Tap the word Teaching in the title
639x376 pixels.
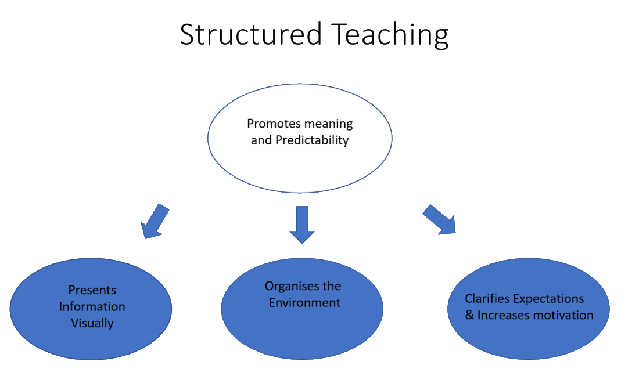390,35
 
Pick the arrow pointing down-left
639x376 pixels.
154,222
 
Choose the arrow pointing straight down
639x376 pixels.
302,225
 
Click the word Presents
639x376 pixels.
92,290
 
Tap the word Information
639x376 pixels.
92,306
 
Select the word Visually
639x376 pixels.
92,323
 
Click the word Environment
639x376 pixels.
304,302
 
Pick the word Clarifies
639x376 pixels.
486,299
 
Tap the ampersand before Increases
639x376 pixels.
469,315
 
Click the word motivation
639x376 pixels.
566,315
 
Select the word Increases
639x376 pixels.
504,315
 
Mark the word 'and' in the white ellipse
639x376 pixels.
260,140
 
